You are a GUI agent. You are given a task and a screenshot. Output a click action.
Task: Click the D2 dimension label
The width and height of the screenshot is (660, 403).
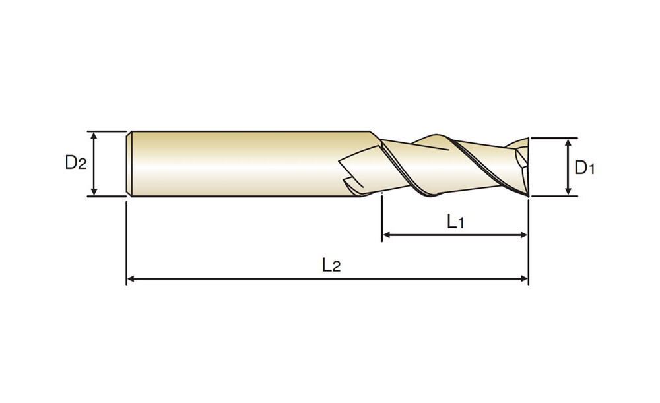[x=76, y=162]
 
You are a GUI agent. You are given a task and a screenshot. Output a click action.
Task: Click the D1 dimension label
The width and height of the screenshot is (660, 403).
[x=585, y=168]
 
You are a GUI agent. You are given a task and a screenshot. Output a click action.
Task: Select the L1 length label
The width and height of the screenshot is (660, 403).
[x=455, y=221]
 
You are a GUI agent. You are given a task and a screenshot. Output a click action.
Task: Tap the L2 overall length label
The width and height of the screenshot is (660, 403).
[x=331, y=265]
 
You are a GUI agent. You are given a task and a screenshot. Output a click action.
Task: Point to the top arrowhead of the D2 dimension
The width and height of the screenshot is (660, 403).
[x=94, y=135]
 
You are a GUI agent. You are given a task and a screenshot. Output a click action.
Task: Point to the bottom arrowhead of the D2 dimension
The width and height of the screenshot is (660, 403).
[x=94, y=192]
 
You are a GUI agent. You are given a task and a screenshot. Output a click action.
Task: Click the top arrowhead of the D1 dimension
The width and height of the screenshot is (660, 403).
[x=568, y=142]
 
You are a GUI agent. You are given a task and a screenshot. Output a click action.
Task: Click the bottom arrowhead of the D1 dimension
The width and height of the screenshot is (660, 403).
[x=568, y=192]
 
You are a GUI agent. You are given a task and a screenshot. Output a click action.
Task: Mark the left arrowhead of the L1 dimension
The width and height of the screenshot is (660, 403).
[x=386, y=235]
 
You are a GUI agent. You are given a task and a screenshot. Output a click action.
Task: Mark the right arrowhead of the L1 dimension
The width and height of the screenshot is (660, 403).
[x=524, y=235]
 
